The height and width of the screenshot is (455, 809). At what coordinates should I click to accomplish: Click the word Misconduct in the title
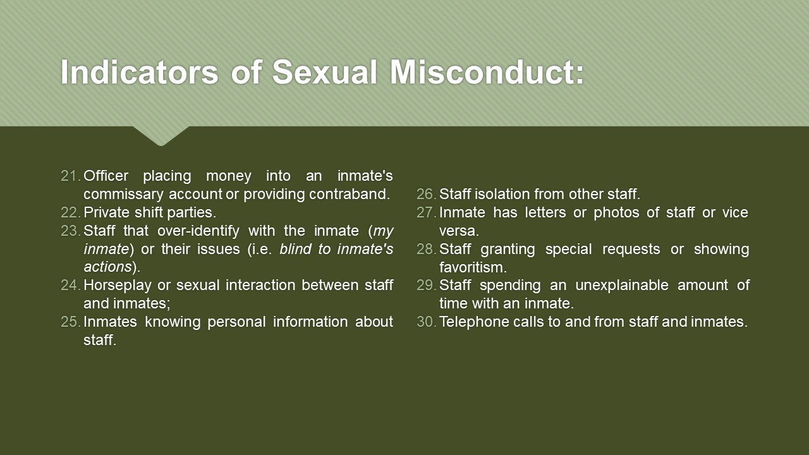(487, 71)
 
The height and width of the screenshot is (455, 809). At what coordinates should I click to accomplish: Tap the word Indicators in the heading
(140, 71)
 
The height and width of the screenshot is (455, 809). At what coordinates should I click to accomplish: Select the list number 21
(71, 176)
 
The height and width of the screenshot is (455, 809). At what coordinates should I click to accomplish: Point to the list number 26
(427, 194)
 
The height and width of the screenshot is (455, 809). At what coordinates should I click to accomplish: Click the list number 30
(427, 322)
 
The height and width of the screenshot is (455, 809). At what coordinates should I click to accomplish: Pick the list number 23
(71, 231)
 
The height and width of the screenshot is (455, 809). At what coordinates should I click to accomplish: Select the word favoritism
(473, 267)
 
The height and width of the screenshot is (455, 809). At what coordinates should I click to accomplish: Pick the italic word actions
(107, 267)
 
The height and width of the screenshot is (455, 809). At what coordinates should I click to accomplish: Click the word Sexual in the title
(325, 71)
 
